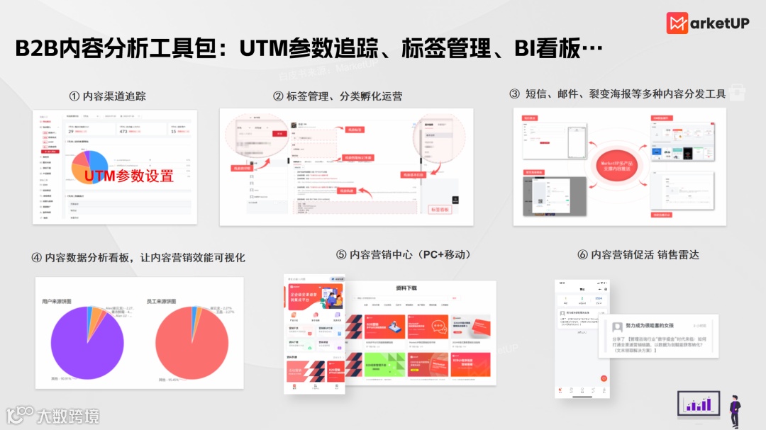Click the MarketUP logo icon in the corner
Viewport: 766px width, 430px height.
coord(677,23)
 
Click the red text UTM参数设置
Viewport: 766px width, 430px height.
coord(128,176)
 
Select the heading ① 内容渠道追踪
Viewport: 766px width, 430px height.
coord(107,96)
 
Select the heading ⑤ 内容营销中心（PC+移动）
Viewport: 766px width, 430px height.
coord(404,254)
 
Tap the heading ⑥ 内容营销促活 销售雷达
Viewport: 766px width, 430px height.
coord(638,254)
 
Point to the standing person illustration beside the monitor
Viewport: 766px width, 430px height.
coord(736,410)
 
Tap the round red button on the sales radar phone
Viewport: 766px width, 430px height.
coord(604,378)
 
